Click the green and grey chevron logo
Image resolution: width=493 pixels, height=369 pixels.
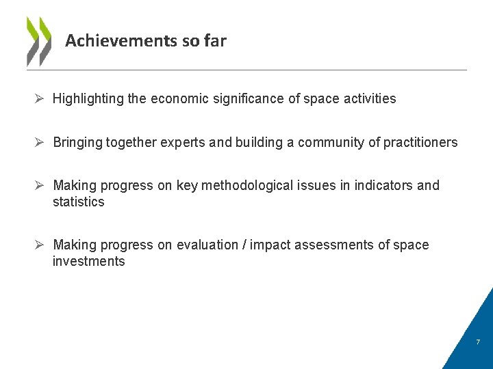(38, 41)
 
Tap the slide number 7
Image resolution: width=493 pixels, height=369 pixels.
(478, 342)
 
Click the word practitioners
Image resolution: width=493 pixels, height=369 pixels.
(420, 143)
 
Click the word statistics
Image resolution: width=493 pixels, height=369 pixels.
(79, 202)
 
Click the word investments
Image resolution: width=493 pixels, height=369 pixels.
(89, 262)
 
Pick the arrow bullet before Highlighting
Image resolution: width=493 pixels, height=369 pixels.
(40, 99)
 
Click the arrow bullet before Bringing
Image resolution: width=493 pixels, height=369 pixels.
(40, 143)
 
